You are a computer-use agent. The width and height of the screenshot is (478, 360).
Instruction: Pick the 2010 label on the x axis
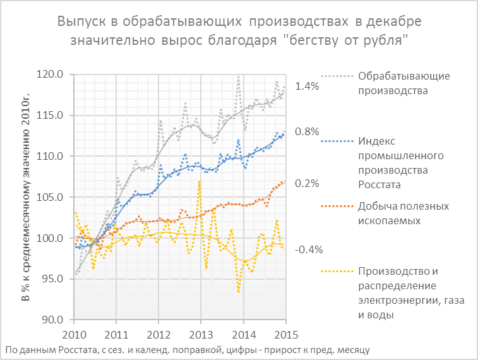pos(75,333)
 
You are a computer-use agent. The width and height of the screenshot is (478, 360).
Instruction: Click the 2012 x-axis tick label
pos(159,333)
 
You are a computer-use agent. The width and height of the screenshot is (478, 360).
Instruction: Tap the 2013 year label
pos(201,333)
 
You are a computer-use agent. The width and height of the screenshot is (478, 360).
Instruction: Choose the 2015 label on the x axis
pos(285,333)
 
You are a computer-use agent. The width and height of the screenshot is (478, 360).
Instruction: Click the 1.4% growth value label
pos(308,86)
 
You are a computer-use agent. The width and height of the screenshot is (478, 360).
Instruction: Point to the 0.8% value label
pos(308,132)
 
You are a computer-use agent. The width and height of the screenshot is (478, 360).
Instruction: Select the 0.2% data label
pos(308,184)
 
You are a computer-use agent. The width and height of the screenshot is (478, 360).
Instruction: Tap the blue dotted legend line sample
pos(337,140)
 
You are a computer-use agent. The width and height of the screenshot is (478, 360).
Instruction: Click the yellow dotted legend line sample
pos(337,272)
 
